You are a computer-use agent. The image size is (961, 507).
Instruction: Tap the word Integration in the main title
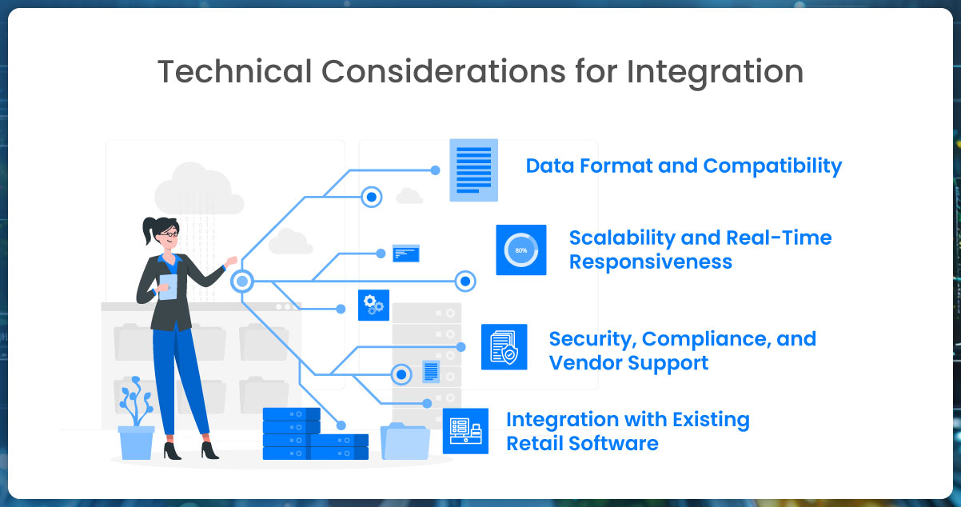[x=715, y=72]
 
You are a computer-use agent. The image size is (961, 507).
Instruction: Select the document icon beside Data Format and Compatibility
[x=473, y=170]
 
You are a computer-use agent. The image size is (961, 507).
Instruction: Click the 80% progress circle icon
[x=520, y=250]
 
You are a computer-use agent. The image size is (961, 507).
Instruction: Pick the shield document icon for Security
[x=504, y=347]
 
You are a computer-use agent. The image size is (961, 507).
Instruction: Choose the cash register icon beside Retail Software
[x=465, y=431]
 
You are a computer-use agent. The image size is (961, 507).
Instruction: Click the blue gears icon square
[x=373, y=305]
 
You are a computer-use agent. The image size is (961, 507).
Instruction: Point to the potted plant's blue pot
[x=136, y=441]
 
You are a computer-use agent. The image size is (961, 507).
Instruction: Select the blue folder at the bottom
[x=405, y=441]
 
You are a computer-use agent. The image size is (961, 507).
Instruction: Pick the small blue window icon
[x=406, y=253]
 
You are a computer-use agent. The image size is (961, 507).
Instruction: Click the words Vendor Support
[x=628, y=363]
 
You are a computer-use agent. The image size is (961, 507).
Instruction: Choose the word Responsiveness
[x=650, y=262]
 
